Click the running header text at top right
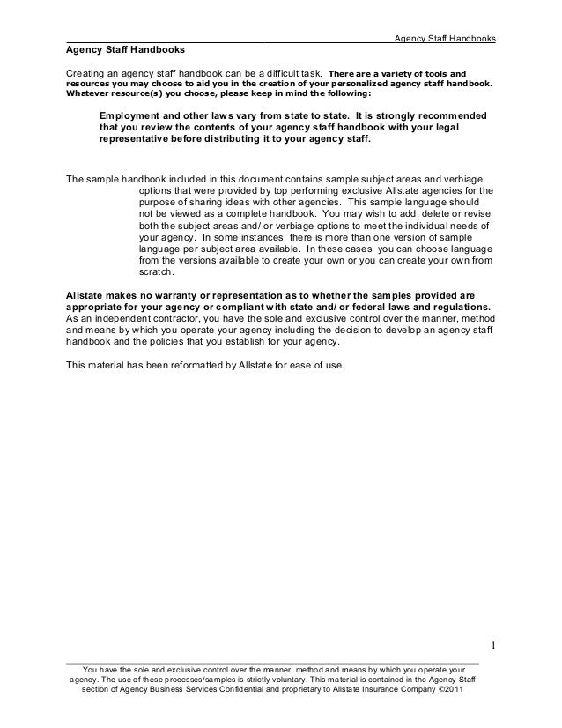[x=444, y=39]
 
